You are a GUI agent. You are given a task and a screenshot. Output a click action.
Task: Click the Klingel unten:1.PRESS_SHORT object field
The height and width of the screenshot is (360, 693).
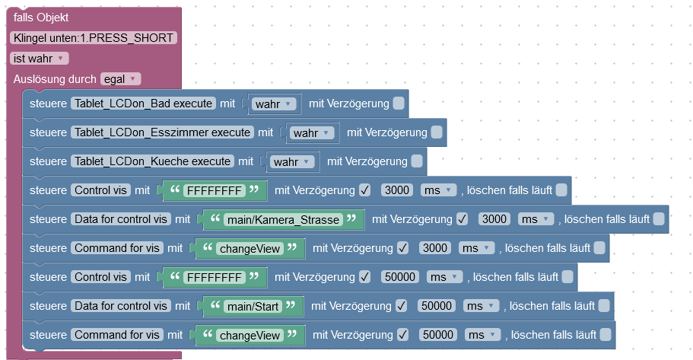coord(94,38)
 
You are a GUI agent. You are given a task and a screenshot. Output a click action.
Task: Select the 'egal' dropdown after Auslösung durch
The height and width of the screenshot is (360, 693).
coord(120,79)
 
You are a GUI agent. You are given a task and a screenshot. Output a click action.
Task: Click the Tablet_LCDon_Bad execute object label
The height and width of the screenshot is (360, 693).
coord(143,104)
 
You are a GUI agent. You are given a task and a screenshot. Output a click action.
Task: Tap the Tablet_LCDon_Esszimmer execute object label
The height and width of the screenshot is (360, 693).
coord(162,132)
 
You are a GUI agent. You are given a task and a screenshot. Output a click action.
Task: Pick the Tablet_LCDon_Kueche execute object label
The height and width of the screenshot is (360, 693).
coord(152,161)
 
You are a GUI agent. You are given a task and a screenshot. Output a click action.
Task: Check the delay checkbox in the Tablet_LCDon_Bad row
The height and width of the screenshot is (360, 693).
coord(399,104)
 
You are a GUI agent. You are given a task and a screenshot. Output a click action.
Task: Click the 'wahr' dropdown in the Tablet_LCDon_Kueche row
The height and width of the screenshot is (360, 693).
coord(292,161)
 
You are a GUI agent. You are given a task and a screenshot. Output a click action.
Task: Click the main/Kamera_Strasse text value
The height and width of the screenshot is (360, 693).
coord(281,219)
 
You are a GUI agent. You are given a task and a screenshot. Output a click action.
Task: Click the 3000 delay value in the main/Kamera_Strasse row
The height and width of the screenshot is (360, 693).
coord(494,219)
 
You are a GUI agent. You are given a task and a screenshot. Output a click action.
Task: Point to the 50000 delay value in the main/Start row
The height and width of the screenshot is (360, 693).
coord(437,306)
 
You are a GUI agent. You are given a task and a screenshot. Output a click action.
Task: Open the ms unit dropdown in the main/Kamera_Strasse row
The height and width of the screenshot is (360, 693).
coord(535,219)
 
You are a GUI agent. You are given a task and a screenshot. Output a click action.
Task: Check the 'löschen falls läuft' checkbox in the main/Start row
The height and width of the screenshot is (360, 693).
coord(604,306)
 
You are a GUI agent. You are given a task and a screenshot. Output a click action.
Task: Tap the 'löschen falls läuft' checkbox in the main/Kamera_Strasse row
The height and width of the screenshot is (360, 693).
coord(659,219)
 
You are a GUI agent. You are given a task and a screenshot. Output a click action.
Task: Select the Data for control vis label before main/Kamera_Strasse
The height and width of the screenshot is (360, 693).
coord(121,219)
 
